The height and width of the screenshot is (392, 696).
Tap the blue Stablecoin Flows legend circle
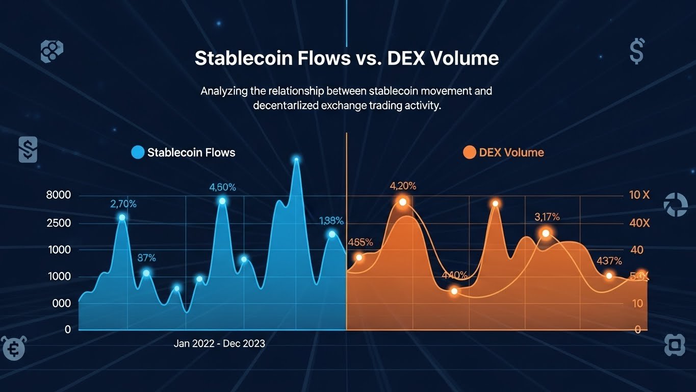coord(138,152)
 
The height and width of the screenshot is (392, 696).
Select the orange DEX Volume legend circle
coord(469,152)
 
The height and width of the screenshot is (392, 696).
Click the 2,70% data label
coord(123,204)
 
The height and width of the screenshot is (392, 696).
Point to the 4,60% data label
coord(222,187)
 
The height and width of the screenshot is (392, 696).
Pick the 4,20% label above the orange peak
coord(403,186)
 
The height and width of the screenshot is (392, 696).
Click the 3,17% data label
coord(547,217)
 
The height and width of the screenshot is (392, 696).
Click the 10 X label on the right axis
coord(639,195)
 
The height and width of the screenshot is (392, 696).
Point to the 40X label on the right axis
coord(639,224)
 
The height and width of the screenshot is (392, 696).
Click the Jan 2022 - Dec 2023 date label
coord(219,344)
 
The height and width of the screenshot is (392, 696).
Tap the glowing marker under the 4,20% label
coord(403,202)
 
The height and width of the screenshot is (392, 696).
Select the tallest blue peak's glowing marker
coord(296,160)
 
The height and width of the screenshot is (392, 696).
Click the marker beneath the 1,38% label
coord(332,234)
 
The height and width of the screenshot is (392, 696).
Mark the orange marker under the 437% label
coord(609,276)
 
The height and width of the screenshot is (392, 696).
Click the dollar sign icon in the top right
coord(636,52)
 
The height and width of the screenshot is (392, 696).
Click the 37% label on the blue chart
coord(147,258)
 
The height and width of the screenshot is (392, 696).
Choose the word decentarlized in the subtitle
coord(287,106)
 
